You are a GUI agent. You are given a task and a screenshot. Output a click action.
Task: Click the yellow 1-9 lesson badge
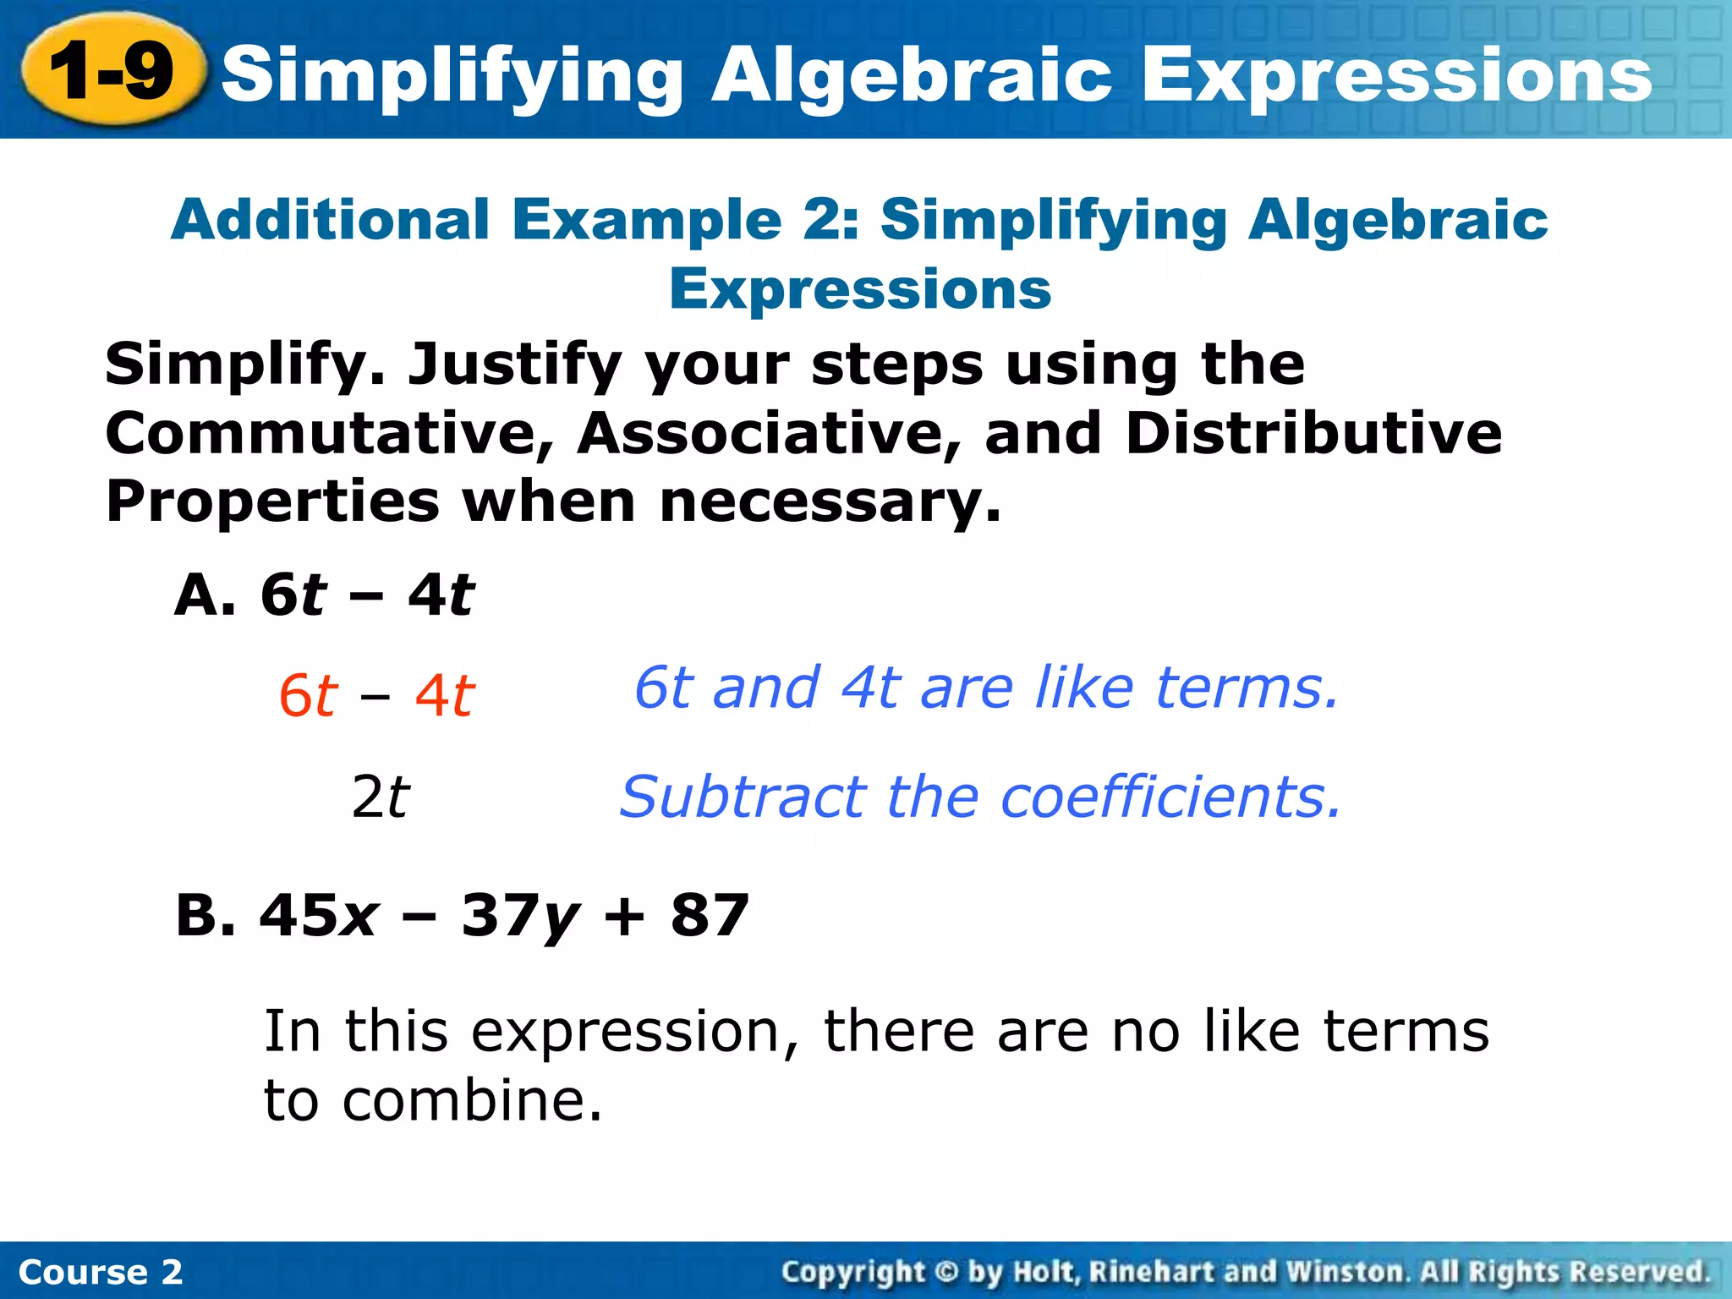pos(112,71)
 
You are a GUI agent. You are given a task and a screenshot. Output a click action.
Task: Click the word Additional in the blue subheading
pos(330,220)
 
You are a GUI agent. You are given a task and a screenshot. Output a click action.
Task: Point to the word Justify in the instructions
pos(514,365)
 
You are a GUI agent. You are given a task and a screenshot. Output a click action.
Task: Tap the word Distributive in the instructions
pos(1313,434)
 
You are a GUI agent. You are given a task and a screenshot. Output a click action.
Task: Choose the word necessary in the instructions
pos(829,502)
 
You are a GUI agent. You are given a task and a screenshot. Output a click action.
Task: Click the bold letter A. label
pos(204,595)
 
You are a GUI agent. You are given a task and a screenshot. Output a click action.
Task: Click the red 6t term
pos(308,697)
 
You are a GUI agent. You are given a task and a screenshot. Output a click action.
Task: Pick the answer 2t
pos(380,797)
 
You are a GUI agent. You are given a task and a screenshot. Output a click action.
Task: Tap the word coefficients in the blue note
pos(1170,797)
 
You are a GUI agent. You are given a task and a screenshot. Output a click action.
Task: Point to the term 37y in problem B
pos(519,917)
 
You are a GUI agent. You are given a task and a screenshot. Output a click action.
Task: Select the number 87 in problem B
pos(710,915)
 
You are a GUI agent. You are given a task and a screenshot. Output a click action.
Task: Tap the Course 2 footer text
pos(100,1272)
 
